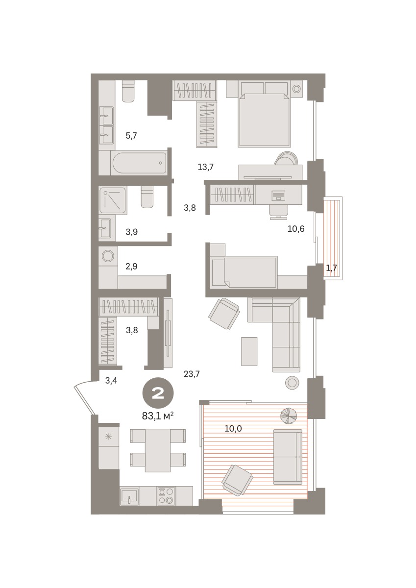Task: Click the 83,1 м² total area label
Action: pyautogui.click(x=157, y=416)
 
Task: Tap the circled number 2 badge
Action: pyautogui.click(x=158, y=393)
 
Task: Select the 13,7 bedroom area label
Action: pyautogui.click(x=205, y=167)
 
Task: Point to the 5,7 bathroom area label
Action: pyautogui.click(x=131, y=136)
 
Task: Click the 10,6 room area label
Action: pyautogui.click(x=296, y=229)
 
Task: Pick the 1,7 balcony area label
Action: pyautogui.click(x=332, y=268)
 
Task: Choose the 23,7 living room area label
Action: pyautogui.click(x=192, y=374)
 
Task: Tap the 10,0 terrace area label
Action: pyautogui.click(x=233, y=429)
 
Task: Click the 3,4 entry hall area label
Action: pyautogui.click(x=111, y=380)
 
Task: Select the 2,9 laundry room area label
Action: pyautogui.click(x=131, y=267)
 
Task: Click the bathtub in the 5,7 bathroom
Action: pyautogui.click(x=139, y=163)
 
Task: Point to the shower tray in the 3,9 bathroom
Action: pyautogui.click(x=113, y=200)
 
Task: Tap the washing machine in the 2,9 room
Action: pyautogui.click(x=108, y=256)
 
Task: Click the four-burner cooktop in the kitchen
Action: pyautogui.click(x=166, y=495)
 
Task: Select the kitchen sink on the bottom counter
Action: pyautogui.click(x=129, y=496)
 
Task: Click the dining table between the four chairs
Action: pyautogui.click(x=158, y=450)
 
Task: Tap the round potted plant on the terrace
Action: pyautogui.click(x=289, y=416)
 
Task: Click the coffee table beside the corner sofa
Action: pyautogui.click(x=249, y=351)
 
